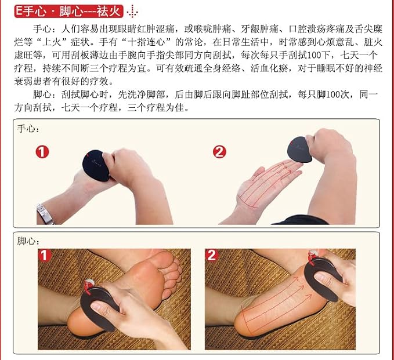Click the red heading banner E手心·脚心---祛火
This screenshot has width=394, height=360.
[x=69, y=11]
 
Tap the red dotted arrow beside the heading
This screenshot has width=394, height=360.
[x=132, y=12]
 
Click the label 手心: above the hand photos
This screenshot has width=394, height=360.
[x=28, y=129]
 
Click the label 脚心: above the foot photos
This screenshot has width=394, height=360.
[x=28, y=241]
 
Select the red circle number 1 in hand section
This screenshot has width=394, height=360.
[x=42, y=152]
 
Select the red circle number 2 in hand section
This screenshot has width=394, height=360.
[x=219, y=152]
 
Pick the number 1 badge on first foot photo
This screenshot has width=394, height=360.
[x=45, y=255]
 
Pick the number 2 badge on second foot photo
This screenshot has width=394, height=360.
[x=212, y=255]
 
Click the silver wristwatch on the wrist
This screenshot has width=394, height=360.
[x=45, y=214]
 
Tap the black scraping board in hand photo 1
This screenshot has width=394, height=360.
[x=96, y=165]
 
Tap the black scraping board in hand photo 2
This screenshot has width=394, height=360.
[x=299, y=150]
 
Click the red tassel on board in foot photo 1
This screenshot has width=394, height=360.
[x=88, y=287]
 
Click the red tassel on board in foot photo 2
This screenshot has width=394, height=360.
[x=312, y=257]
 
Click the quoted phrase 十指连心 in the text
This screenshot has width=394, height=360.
[x=146, y=42]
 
